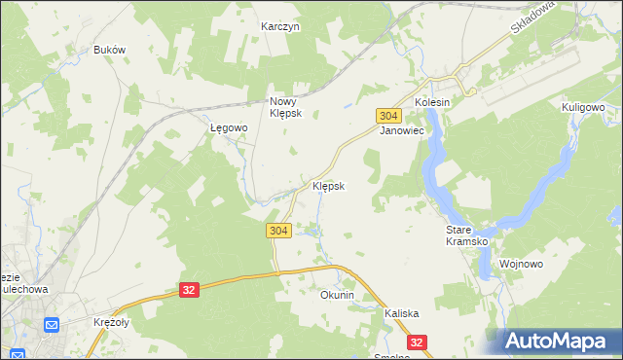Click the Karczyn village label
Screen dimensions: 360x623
(280, 27)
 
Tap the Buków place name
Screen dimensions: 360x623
(110, 50)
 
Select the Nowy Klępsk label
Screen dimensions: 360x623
(287, 106)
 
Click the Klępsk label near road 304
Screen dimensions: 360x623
(328, 186)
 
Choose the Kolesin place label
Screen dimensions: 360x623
(433, 102)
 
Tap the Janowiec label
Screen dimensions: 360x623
(402, 129)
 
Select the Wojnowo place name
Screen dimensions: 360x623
(521, 264)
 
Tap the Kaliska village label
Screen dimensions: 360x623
(401, 313)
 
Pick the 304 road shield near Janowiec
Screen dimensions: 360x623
(386, 115)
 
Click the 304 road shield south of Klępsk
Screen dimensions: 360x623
(277, 230)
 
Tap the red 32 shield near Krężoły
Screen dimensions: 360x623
(189, 290)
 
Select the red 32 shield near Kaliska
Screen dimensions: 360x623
(418, 342)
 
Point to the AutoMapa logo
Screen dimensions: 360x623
(560, 341)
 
